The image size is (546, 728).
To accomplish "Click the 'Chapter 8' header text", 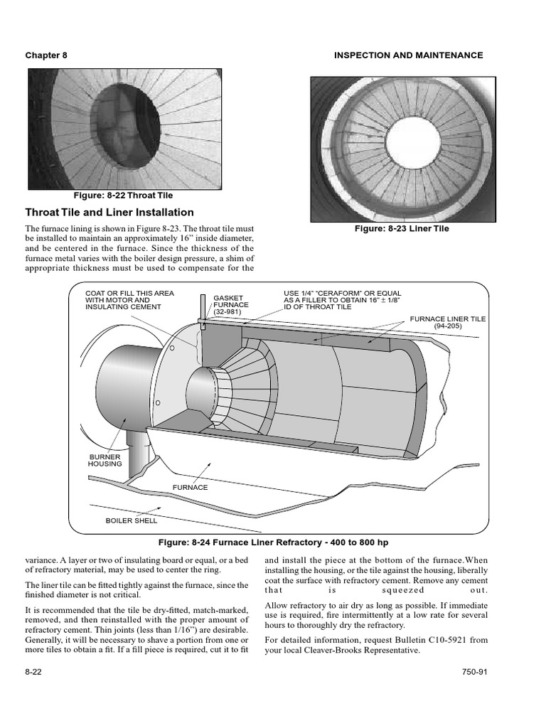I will (46, 55).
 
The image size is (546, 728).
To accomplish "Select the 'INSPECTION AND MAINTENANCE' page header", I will (408, 55).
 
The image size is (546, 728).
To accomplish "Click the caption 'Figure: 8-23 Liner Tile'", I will (402, 229).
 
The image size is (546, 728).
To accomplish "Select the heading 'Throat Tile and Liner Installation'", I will (109, 213).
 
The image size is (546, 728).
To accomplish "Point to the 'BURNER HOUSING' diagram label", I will (105, 460).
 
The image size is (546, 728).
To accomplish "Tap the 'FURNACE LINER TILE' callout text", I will (448, 319).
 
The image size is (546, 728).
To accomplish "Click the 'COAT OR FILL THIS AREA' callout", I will (129, 293).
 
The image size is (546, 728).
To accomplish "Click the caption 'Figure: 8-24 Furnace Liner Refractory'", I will (272, 542).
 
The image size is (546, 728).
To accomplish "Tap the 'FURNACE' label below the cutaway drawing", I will (191, 488).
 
